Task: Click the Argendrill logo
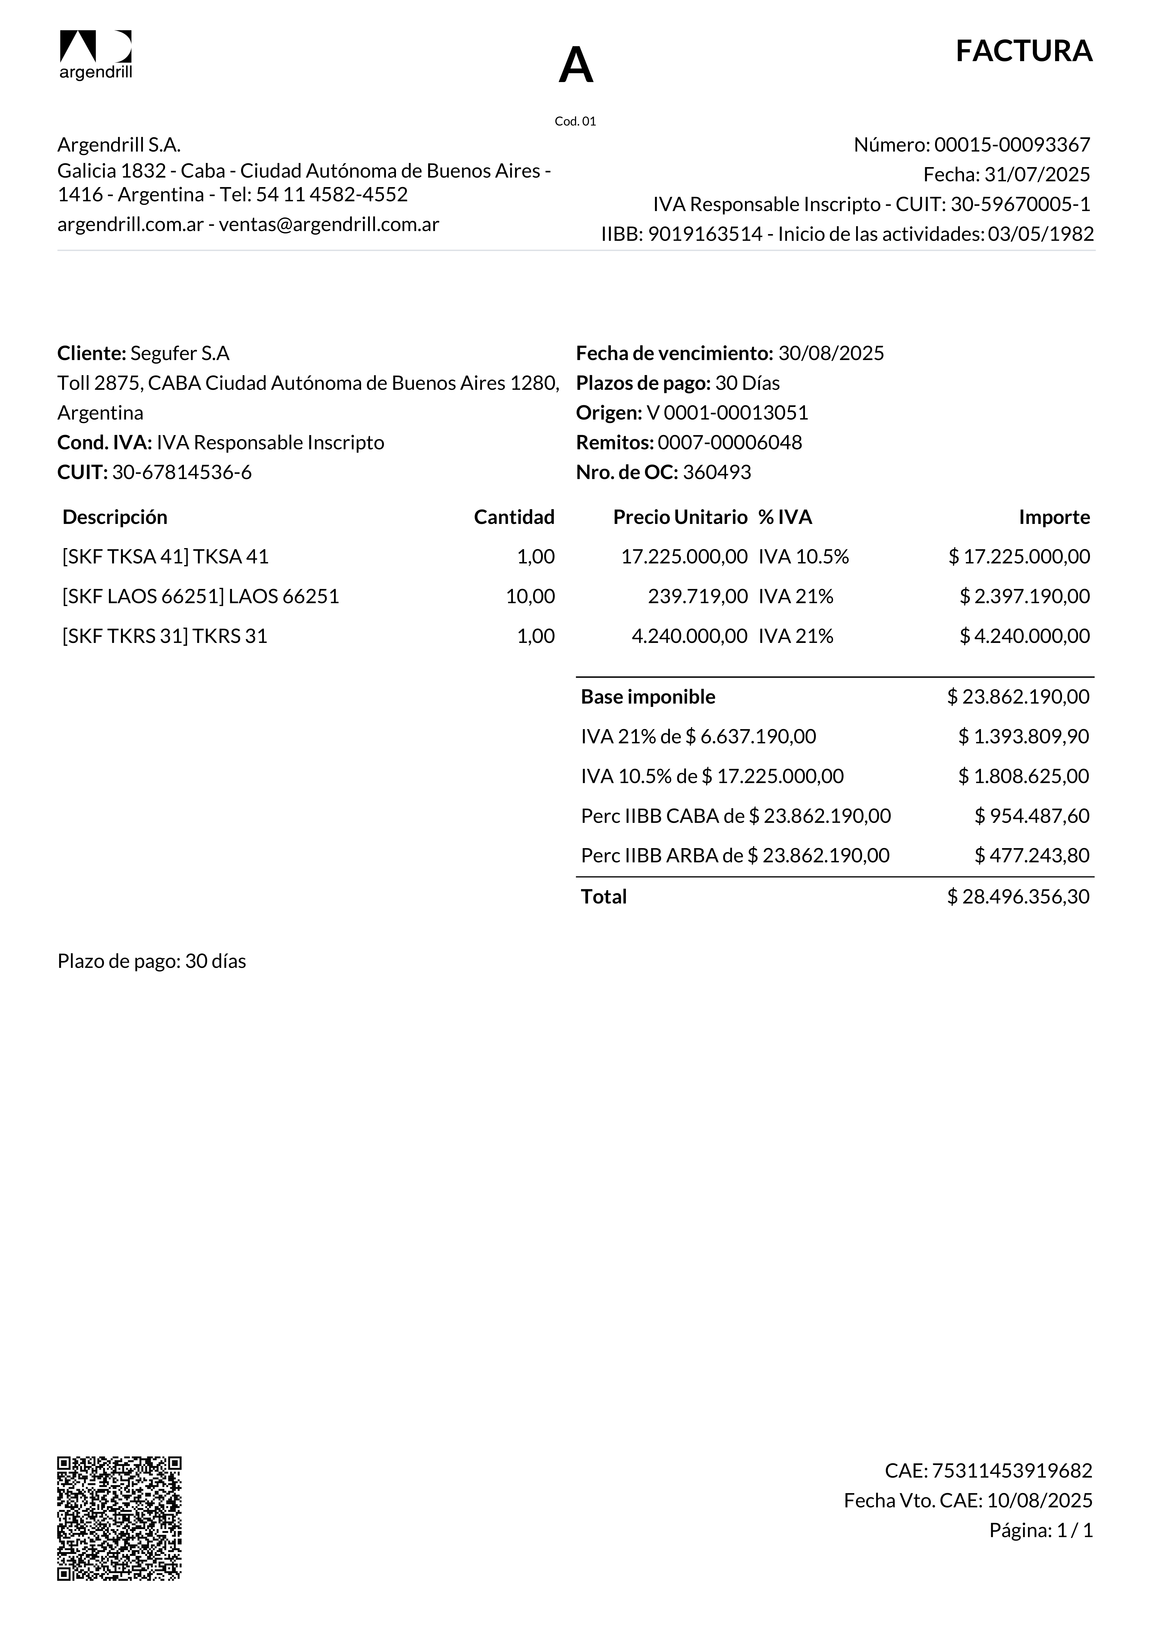(x=95, y=55)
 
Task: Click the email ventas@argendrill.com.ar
(x=329, y=225)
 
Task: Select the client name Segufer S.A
(x=180, y=353)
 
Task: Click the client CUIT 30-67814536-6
(x=182, y=472)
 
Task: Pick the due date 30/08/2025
(x=831, y=353)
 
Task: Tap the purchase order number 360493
(x=717, y=472)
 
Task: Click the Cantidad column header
(x=514, y=517)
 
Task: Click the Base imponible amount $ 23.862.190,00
(x=1018, y=697)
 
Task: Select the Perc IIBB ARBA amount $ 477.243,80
(x=1032, y=855)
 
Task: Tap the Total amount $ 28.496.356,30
(x=1018, y=897)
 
